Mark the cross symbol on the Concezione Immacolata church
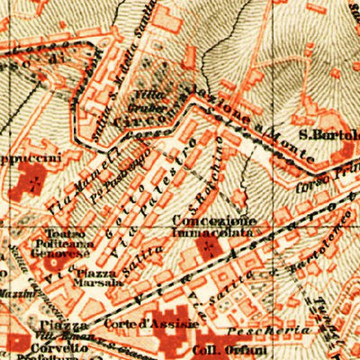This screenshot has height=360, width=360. tap(210, 246)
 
